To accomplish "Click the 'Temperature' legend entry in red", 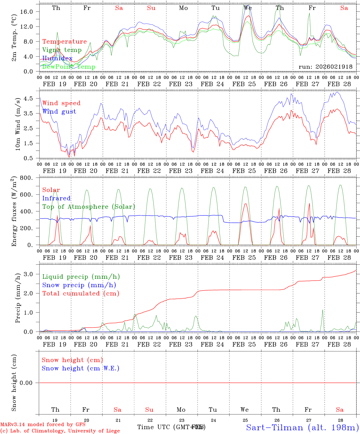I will pos(65,42).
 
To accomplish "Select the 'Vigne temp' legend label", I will pos(62,50).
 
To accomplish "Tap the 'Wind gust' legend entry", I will pos(59,112).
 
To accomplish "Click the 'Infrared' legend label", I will pos(56,198).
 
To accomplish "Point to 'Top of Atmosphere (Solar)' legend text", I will pos(89,207).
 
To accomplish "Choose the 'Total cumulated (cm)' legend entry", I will pos(81,293).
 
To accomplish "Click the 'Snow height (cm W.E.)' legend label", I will pos(81,368).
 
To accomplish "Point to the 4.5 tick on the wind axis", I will pos(31,98).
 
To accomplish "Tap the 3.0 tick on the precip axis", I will pos(31,274).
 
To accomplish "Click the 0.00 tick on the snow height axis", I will pos(30,383).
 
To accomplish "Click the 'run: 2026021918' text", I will pos(325,67).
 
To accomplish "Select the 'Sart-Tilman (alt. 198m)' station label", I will pos(302,427).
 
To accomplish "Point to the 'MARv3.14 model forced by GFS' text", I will pos(43,425).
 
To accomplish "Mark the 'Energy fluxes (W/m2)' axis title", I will pos(14,212).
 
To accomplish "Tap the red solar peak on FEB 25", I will pos(245,204).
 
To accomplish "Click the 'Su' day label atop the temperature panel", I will pos(151,8).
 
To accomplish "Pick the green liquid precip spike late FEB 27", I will pos(323,310).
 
